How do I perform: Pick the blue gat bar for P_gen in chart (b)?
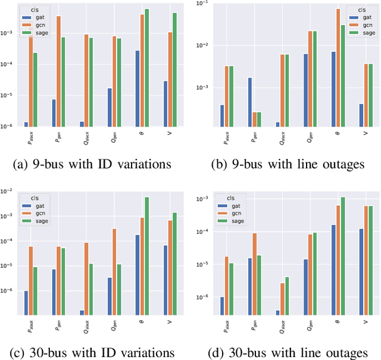click(250, 102)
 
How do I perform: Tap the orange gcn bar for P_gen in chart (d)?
click(255, 274)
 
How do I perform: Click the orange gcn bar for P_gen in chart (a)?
click(58, 71)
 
